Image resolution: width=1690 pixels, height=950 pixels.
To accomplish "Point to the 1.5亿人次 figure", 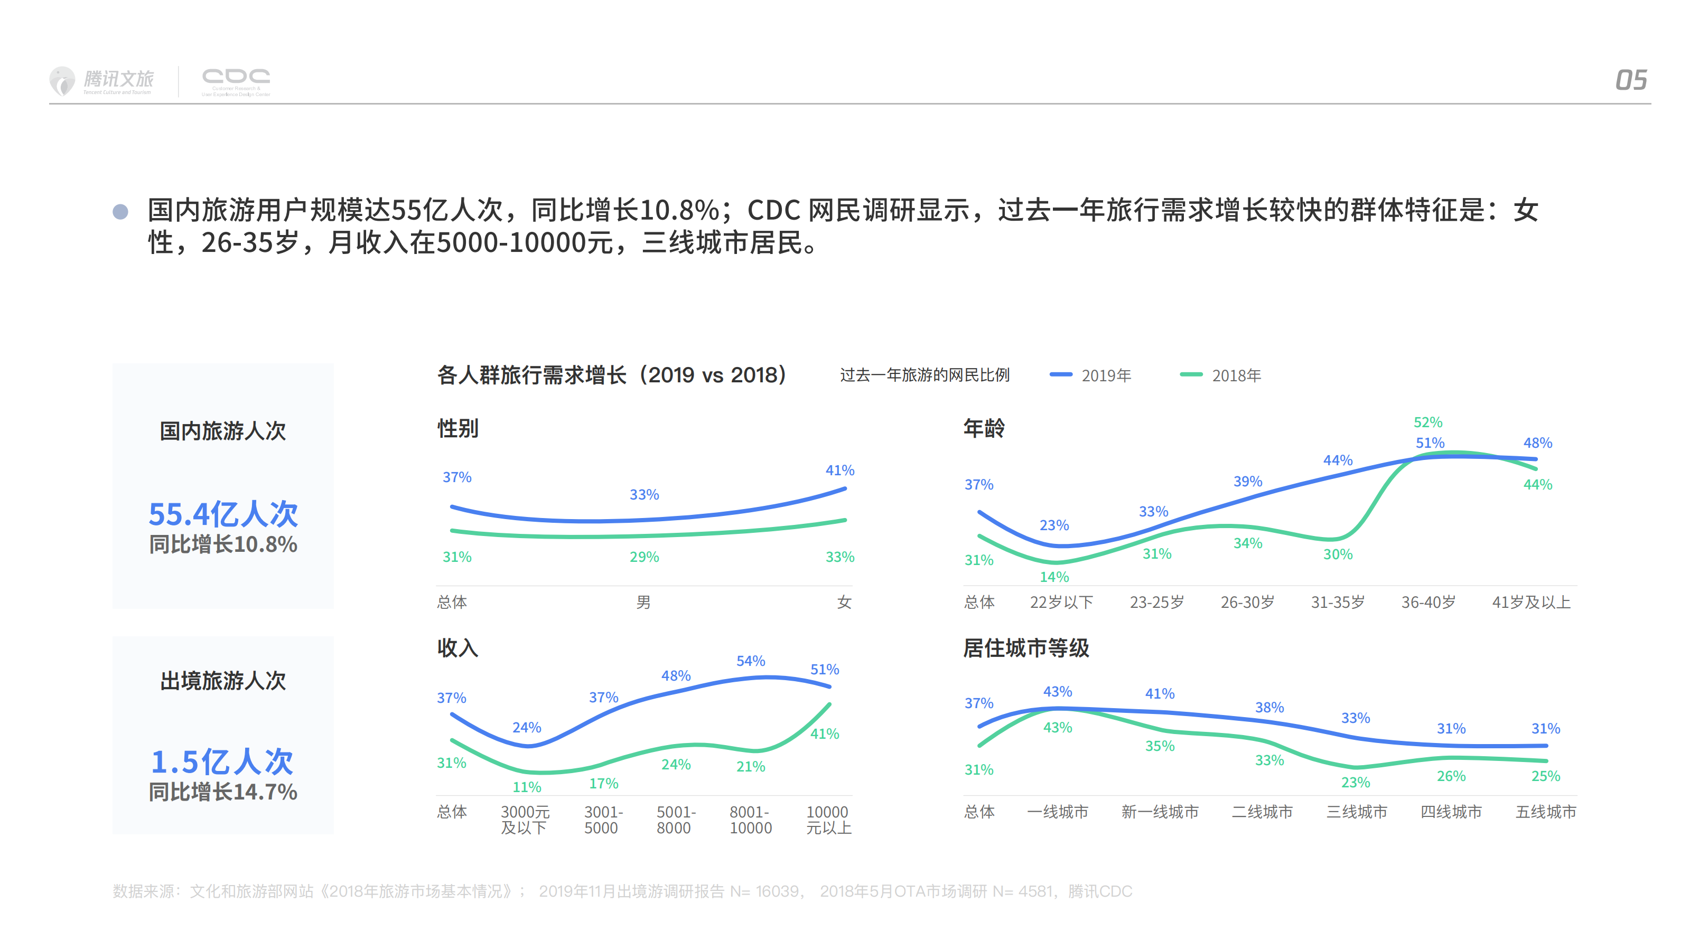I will click(x=222, y=761).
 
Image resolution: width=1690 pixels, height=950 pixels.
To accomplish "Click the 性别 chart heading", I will click(x=458, y=429).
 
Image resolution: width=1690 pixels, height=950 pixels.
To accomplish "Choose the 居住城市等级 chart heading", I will click(x=1025, y=648).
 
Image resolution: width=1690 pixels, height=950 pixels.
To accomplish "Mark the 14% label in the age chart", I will click(x=1054, y=577).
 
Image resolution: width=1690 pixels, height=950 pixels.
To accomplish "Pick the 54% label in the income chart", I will click(x=751, y=661).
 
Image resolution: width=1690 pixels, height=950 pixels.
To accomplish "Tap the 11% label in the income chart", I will click(x=527, y=787).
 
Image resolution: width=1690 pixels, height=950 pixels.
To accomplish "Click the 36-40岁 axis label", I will click(x=1428, y=602).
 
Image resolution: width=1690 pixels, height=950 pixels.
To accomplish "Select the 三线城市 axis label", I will click(x=1357, y=812).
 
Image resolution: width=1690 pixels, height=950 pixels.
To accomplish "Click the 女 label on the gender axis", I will click(x=844, y=602).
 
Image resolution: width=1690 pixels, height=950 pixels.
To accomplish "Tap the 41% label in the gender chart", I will click(x=840, y=470).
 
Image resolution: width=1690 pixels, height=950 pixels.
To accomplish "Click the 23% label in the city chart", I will click(x=1356, y=782).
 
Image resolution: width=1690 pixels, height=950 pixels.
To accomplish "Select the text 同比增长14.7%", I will click(x=223, y=792).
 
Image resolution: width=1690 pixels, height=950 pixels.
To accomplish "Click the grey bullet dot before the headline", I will click(x=120, y=211).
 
